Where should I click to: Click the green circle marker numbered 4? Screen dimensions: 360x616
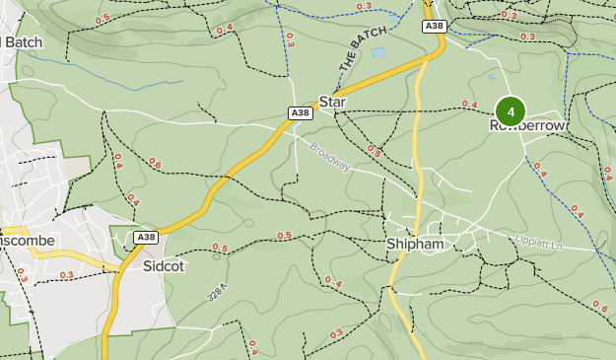click(x=511, y=110)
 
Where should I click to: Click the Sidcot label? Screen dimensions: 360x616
click(x=163, y=265)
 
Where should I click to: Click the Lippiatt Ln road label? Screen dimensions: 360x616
click(x=538, y=240)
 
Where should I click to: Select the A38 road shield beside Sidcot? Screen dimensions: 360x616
click(x=146, y=238)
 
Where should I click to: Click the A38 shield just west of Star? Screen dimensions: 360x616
click(x=301, y=114)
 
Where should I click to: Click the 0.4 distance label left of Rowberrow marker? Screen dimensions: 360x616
click(x=469, y=105)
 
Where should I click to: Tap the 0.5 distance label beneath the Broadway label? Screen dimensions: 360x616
click(x=375, y=150)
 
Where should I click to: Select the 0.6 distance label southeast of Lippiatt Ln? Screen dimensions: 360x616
click(x=600, y=308)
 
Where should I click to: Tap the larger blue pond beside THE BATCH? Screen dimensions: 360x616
click(x=379, y=52)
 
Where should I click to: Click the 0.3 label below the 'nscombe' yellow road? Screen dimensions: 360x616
click(x=66, y=275)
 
